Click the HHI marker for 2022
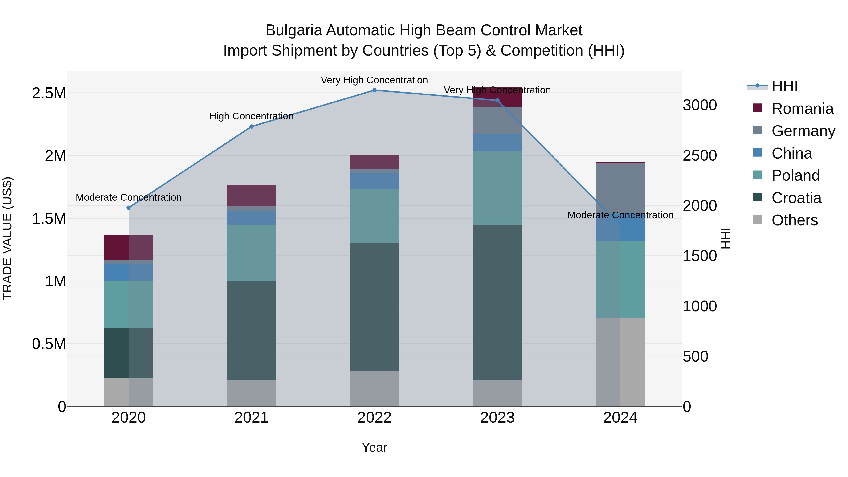[374, 90]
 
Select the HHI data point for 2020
[129, 208]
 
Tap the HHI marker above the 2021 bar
[252, 126]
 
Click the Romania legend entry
[802, 109]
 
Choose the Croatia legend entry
[796, 198]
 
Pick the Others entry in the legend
[794, 220]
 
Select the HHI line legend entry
[784, 86]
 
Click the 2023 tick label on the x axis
[497, 418]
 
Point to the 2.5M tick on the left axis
[49, 93]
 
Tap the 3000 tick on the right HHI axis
[700, 105]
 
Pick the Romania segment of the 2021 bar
[252, 195]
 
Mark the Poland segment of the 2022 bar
[374, 216]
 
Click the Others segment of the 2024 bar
[620, 362]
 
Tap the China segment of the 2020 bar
[129, 272]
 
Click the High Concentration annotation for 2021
[252, 116]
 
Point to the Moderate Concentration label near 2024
[620, 215]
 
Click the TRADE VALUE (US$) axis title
[7, 238]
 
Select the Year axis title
[374, 447]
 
